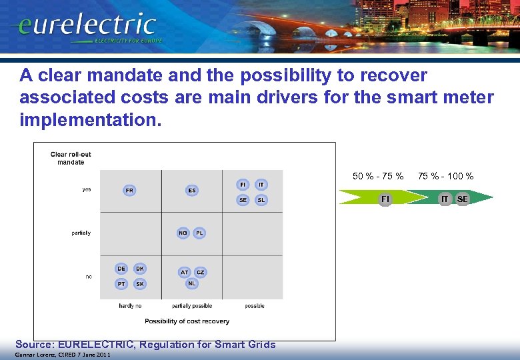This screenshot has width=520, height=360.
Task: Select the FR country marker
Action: point(129,190)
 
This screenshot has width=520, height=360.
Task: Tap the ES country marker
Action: point(192,190)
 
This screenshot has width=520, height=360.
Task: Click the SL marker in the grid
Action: point(261,200)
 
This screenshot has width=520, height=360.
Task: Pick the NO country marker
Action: point(183,233)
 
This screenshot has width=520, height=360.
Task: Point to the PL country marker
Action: point(199,233)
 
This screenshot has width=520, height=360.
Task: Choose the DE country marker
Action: point(121,269)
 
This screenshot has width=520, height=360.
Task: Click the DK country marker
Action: point(139,269)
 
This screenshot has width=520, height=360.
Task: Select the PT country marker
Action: point(121,284)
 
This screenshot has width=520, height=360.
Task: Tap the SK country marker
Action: point(139,284)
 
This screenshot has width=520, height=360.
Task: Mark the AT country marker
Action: point(184,272)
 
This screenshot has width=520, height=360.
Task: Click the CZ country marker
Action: point(201,272)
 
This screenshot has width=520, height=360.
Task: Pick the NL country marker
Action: point(192,283)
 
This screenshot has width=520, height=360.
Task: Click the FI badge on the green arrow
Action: point(385,199)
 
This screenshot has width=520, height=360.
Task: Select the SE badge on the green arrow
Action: point(463,199)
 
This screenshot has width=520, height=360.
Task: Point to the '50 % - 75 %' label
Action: point(378,176)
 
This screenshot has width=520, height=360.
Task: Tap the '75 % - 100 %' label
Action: point(445,176)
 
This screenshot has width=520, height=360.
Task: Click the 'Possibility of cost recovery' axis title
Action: point(187,321)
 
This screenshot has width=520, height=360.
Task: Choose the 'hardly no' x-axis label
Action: point(130,306)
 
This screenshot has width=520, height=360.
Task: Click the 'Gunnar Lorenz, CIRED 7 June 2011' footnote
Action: point(55,355)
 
